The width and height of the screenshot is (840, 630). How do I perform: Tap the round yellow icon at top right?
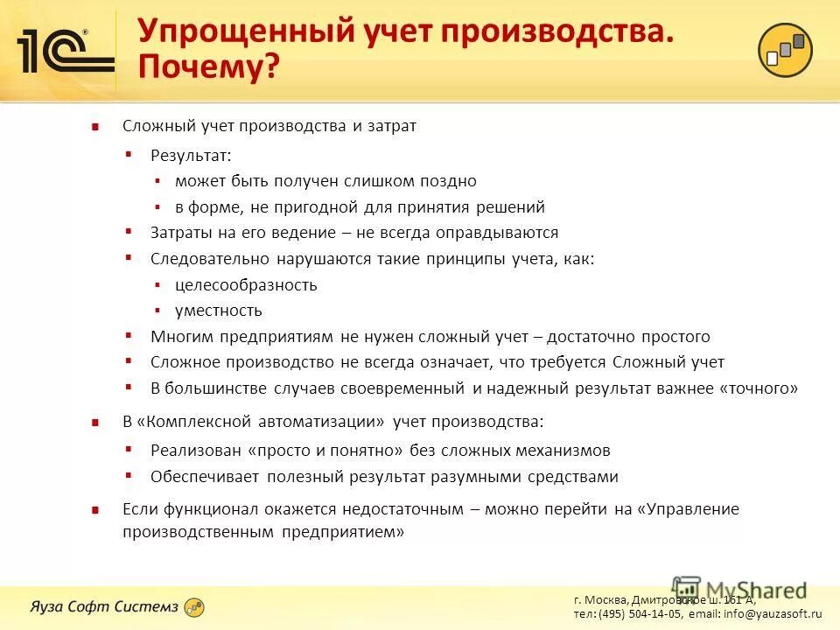(785, 50)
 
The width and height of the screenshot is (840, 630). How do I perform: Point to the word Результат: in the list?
(191, 155)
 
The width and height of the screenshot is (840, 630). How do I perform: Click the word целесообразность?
(246, 284)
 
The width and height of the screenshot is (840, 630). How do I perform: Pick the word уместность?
(218, 311)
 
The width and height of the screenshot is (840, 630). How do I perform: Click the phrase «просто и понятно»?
(325, 451)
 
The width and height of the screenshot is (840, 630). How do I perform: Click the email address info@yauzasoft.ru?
(773, 615)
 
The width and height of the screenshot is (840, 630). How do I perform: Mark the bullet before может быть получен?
(157, 181)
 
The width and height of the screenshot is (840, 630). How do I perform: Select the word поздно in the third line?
(448, 181)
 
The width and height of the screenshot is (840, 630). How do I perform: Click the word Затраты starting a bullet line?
(181, 233)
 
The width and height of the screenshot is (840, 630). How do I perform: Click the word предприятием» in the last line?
(343, 532)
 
